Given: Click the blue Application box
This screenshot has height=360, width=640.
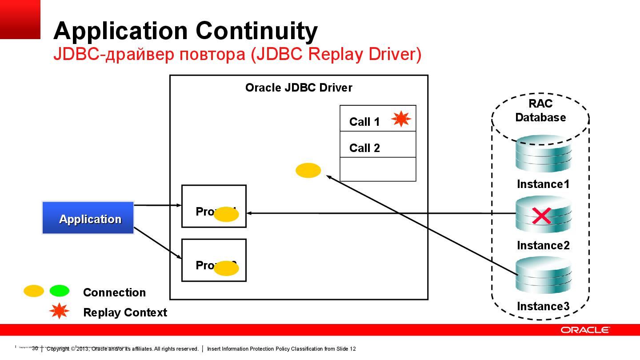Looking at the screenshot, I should click(x=88, y=218).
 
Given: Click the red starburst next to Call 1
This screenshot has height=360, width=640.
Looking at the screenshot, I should click(x=401, y=119).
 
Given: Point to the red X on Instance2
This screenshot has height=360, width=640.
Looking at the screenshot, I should click(x=541, y=216).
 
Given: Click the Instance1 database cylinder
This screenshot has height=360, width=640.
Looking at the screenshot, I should click(x=543, y=154).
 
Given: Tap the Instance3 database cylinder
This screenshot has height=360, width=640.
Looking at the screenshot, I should click(x=543, y=276).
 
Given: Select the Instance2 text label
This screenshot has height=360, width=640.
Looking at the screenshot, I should click(x=543, y=245).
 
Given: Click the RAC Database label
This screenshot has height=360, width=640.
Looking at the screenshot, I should click(x=540, y=111).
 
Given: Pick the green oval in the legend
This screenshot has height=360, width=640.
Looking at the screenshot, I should click(x=60, y=291).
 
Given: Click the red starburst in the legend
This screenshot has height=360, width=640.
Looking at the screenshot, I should click(x=59, y=312).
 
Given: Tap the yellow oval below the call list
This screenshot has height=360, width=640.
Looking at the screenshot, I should click(x=308, y=170).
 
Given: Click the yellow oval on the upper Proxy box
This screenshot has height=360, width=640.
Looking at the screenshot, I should click(x=227, y=215).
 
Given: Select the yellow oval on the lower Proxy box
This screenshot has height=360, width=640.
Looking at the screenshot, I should click(x=227, y=268).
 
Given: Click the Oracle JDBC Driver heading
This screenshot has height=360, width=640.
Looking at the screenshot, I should click(x=299, y=88).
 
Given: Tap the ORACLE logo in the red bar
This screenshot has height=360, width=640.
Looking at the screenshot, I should click(x=585, y=330).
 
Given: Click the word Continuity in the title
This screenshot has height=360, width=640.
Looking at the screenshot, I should click(x=256, y=31).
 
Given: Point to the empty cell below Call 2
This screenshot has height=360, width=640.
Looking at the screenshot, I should click(x=378, y=169).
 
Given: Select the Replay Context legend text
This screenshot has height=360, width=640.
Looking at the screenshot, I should click(x=125, y=312).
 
